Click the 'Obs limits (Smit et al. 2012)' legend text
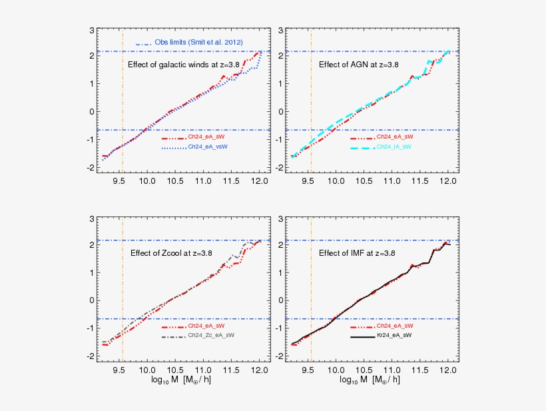point(198,43)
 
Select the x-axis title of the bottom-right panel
point(370,380)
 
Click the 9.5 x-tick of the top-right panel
point(308,181)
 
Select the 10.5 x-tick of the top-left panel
point(175,181)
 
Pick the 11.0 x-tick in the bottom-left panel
point(203,369)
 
